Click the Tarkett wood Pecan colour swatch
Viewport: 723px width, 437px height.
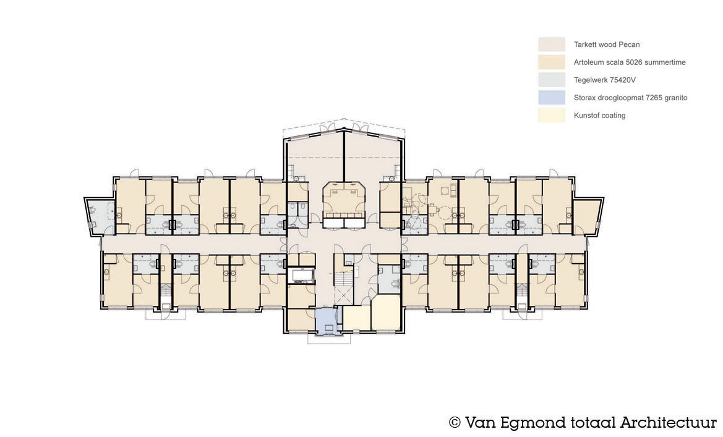(x=552, y=45)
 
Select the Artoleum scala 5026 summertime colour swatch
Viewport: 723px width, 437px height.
(x=552, y=62)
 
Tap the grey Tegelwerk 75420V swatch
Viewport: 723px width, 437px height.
(x=552, y=80)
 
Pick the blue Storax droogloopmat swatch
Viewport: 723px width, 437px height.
(x=552, y=98)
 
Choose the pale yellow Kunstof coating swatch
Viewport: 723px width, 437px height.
(x=552, y=115)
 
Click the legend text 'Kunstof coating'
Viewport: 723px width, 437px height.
(x=599, y=115)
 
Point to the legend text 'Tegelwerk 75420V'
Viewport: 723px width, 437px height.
(x=604, y=80)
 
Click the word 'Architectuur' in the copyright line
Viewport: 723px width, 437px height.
(x=668, y=422)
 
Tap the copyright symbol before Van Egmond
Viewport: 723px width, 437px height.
(x=455, y=422)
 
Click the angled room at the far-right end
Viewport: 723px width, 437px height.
(x=586, y=217)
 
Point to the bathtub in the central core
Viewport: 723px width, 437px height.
(x=302, y=275)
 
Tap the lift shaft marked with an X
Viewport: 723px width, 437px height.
(x=343, y=295)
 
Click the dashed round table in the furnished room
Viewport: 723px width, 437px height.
(x=445, y=213)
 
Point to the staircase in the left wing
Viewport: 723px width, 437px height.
(x=166, y=291)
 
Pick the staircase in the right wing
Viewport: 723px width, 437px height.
(x=522, y=291)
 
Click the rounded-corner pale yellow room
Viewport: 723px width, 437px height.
(x=385, y=313)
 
